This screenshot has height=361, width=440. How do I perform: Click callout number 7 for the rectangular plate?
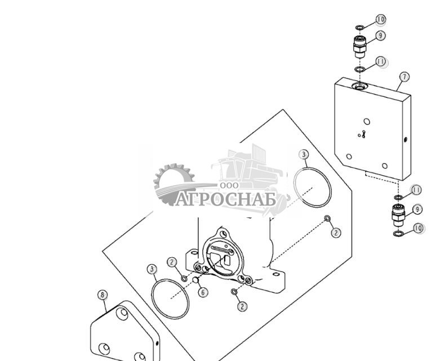coord(405,77)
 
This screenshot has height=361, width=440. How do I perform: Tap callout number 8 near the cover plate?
coord(103,295)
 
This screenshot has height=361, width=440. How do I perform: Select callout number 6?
coord(203,292)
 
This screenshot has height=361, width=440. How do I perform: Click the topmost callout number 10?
coord(381,19)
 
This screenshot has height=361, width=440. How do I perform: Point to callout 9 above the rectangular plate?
coord(380,35)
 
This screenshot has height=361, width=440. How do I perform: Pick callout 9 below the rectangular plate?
coord(417,210)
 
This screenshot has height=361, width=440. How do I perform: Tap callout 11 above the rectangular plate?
coord(381,61)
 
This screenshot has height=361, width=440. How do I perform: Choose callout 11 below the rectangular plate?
coord(416,190)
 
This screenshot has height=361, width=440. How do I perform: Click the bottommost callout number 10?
coord(418,228)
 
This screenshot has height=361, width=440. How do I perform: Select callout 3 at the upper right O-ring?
coord(304,154)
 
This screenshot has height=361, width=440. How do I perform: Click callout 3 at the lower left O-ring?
coord(152,270)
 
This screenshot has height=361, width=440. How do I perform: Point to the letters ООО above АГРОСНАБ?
coord(229,185)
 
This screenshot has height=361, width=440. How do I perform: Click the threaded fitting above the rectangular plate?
coord(359,47)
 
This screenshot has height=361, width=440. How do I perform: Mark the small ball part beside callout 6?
coord(195,280)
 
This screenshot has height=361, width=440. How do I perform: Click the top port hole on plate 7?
coord(359,86)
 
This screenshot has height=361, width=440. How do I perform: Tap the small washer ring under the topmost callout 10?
coord(359,28)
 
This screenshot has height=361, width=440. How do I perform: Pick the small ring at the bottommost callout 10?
coord(398,233)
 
